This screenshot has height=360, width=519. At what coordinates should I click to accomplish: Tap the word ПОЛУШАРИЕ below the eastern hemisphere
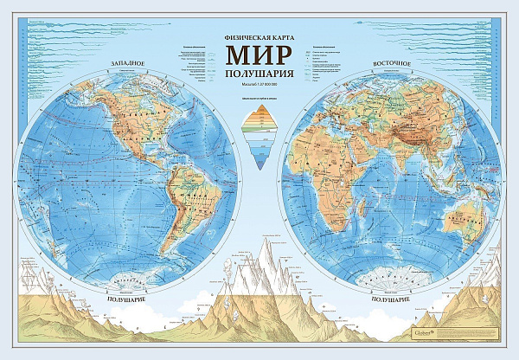(392, 297)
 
